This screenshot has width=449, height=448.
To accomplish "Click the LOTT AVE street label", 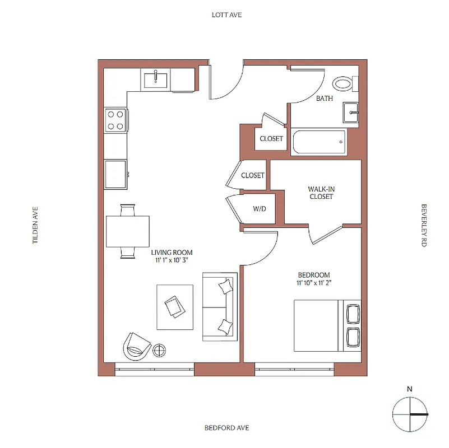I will point(226,15).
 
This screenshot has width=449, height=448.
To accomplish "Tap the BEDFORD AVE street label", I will point(226,427).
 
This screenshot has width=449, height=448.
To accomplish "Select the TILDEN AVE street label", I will point(35,225).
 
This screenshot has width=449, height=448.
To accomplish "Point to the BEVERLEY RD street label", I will point(424,226).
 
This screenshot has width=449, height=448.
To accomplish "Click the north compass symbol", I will point(410,414).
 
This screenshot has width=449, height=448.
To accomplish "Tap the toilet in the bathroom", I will point(342,84).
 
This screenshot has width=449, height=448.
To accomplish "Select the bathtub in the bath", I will point(318,142).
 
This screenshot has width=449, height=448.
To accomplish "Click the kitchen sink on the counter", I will point(156,81).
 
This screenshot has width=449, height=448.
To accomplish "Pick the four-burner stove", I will point(116,119).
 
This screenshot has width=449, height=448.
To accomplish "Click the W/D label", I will point(259,209).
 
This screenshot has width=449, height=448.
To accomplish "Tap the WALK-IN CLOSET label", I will point(321,193).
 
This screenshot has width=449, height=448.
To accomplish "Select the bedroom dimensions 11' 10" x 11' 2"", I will point(314,283).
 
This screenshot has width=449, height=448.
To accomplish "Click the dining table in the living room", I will point(128,231).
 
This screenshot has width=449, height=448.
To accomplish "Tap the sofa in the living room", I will point(219,307).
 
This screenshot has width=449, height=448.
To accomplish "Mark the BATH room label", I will point(324,99).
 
